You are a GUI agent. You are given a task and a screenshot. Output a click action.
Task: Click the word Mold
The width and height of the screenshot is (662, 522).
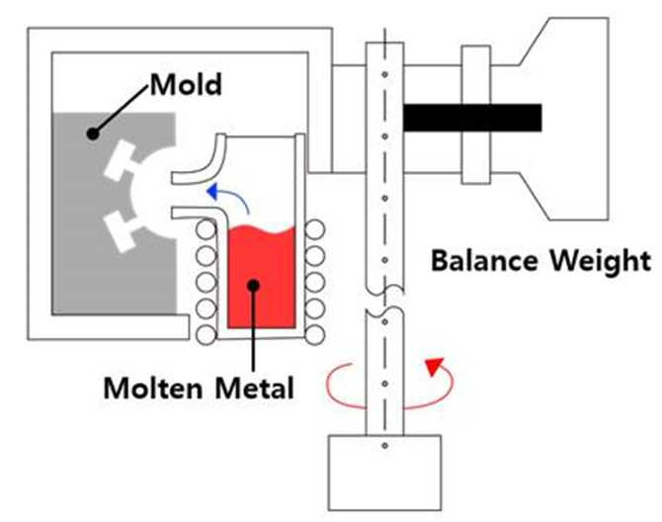coord(186,84)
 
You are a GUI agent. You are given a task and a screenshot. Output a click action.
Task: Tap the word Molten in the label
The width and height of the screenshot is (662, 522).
coord(153,388)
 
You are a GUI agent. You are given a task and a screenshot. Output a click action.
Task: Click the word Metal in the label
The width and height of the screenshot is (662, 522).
coord(255,388)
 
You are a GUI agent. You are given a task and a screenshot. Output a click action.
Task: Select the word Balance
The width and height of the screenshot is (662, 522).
coord(484,260)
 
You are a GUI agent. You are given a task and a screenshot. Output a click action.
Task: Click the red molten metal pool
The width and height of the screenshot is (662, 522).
coord(262,277)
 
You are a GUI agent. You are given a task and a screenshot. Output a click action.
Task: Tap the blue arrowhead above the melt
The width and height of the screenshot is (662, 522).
coord(212,192)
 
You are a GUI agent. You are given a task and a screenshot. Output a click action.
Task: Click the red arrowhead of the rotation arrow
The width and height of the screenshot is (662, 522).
coord(434,366)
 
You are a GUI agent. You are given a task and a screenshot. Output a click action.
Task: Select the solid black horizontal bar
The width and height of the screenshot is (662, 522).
coord(472,118)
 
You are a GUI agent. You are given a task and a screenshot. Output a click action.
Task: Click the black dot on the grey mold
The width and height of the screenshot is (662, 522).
coord(93,133)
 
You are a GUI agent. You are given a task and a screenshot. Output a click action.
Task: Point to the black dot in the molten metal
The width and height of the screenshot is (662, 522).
coord(253,285)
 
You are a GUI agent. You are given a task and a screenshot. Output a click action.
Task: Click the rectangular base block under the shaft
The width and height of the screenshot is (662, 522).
coord(385,473)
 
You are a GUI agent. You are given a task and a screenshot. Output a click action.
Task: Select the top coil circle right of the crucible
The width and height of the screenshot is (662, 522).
coord(315,230)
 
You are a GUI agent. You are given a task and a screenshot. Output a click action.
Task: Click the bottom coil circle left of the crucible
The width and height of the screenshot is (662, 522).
coord(207,335)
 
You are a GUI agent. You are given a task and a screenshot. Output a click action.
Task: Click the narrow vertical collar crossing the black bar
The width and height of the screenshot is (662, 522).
coord(476,115)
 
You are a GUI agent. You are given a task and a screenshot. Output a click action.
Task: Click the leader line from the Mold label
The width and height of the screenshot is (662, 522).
coord(122,110)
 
